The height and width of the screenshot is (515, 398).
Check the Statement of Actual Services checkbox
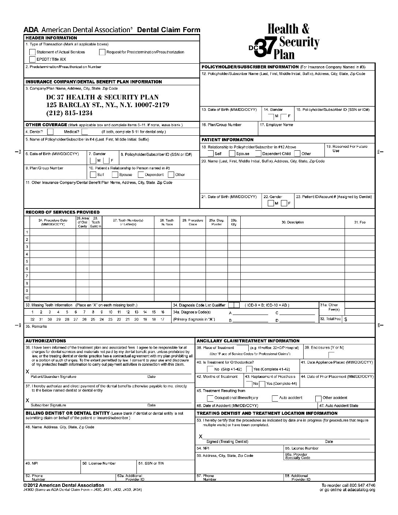[x=33, y=52]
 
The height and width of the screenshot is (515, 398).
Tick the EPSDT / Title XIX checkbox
[x=33, y=59]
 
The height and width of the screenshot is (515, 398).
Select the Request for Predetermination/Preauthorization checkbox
[x=102, y=52]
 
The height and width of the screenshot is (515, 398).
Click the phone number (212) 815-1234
[x=70, y=113]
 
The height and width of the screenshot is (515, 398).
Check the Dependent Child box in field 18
[x=258, y=154]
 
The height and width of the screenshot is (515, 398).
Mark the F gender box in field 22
[x=284, y=203]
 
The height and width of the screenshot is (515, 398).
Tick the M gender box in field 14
[x=271, y=116]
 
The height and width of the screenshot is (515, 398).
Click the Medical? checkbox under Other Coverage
[x=85, y=132]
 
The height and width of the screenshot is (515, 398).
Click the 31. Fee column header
[x=360, y=222]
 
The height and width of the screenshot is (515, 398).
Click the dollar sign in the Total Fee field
[x=346, y=319]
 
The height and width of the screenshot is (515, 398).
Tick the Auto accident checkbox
[x=275, y=398]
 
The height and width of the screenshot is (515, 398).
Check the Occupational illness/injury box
[x=210, y=398]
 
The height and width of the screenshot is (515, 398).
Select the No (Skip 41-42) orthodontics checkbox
[x=210, y=369]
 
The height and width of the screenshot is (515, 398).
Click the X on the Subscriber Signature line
[x=27, y=401]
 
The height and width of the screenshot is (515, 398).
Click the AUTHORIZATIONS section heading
[x=46, y=341]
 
